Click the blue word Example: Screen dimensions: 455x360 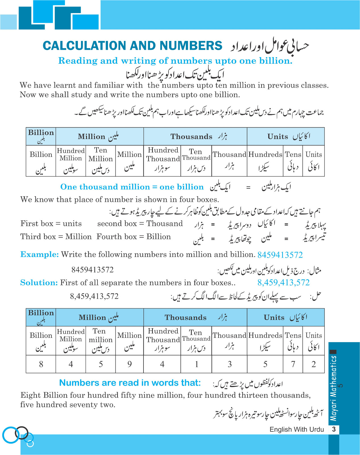[39, 254]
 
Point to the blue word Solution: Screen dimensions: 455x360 [39, 283]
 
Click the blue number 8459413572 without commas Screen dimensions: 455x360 [280, 255]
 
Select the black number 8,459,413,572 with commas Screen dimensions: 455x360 [94, 296]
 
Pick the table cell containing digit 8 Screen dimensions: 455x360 [41, 364]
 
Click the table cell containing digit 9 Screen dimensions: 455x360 [129, 364]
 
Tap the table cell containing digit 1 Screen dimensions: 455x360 [196, 364]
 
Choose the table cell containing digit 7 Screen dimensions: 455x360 [293, 364]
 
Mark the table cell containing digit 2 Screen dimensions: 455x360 [314, 364]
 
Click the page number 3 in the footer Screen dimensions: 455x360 [334, 429]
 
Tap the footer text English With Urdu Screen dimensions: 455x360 [297, 429]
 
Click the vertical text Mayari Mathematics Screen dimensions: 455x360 [333, 388]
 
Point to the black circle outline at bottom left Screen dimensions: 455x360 [22, 433]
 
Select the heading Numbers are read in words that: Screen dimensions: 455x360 [130, 383]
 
